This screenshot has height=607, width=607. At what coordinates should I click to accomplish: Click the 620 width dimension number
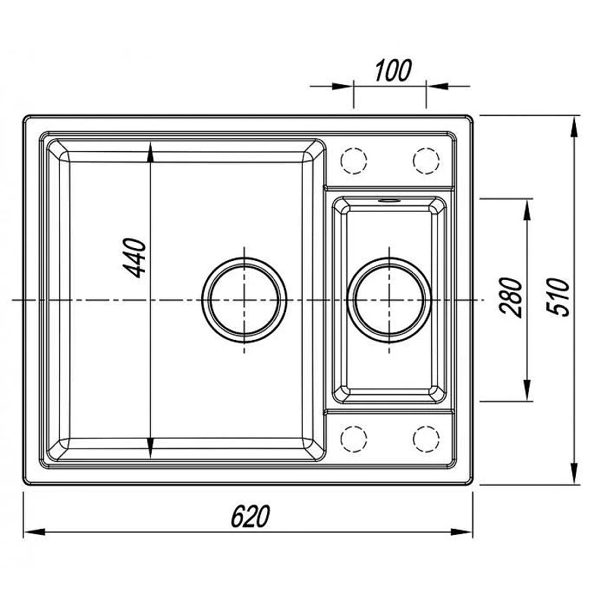(250, 516)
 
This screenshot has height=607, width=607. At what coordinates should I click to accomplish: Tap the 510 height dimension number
(558, 297)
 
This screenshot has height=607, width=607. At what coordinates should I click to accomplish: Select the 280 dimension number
(511, 297)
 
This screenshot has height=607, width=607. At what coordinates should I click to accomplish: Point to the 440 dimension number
(134, 258)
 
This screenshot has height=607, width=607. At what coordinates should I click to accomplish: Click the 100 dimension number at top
(393, 71)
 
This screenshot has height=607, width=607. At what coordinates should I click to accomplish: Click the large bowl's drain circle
(244, 300)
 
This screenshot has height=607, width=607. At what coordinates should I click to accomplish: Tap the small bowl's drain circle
(389, 300)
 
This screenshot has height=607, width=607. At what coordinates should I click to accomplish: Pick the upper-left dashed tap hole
(354, 161)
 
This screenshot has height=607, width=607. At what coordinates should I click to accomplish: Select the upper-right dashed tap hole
(426, 161)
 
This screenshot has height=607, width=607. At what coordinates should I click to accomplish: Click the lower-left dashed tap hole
(354, 439)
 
